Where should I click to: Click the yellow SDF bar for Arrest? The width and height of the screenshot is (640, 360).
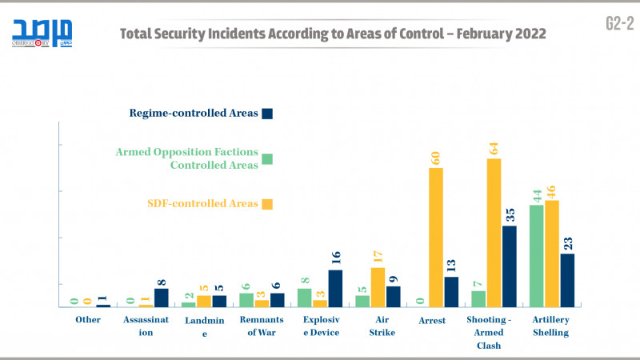[436, 237]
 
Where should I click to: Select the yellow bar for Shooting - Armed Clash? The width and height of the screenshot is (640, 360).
[494, 232]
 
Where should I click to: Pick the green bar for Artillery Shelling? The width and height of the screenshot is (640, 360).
[537, 255]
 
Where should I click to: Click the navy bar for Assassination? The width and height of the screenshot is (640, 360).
[162, 298]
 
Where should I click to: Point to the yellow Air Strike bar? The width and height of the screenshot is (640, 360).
[378, 286]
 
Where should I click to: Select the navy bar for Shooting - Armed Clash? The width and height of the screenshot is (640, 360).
[510, 266]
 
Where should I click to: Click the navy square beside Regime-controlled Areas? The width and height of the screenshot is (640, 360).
[268, 114]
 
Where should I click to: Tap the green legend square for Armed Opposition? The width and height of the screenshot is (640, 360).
[268, 158]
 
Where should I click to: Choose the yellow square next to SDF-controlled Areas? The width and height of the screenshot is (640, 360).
[268, 204]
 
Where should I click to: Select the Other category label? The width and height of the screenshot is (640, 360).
[88, 319]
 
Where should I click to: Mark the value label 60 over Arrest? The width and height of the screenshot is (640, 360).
[436, 157]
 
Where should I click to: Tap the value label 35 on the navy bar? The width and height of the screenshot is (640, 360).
[510, 215]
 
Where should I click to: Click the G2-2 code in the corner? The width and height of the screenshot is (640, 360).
[619, 24]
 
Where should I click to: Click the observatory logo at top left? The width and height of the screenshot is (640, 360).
[42, 32]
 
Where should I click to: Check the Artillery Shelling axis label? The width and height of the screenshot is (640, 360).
[552, 326]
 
